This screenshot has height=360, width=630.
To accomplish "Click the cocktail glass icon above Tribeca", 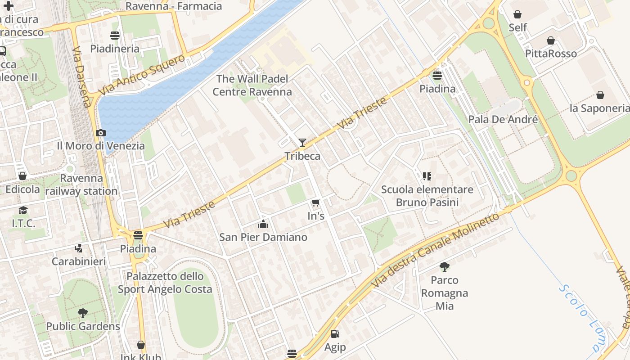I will coord(302,143).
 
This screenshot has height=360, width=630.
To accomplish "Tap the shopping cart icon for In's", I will coord(316,202).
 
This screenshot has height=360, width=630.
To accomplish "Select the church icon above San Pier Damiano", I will coord(263,224).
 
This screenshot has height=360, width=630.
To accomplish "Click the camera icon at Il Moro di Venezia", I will coord(101,133).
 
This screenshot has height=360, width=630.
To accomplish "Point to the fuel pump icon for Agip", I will coord(335,334).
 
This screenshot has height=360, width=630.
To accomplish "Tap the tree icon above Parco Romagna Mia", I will coord(445,267).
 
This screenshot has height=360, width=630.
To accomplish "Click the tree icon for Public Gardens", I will coord(83,313).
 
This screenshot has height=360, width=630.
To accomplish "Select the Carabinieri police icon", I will coord(79,248).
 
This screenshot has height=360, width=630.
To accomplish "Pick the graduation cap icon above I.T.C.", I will coord(23,210).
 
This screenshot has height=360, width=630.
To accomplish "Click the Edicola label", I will coord(22,189).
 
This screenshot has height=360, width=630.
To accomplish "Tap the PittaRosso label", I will coord(551,54).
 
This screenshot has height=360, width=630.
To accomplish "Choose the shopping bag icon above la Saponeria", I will coord(600,95).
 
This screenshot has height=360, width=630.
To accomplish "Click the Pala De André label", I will coord(503,119).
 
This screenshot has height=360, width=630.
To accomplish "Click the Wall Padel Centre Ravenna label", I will coord(252,85).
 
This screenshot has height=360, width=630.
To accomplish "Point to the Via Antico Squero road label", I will coord(141,75).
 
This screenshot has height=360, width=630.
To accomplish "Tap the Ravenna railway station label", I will coord(81,184).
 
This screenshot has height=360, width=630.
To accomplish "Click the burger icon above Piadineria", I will coord(115,35).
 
